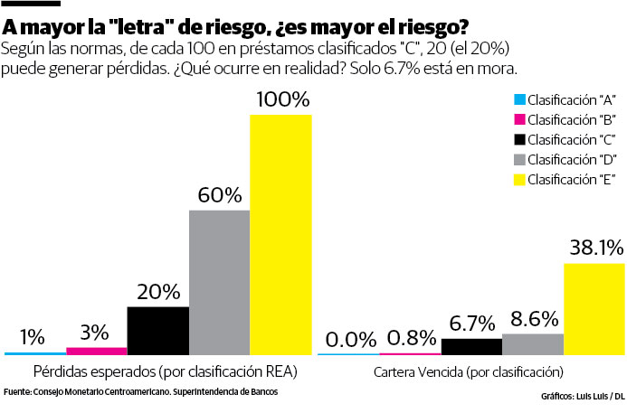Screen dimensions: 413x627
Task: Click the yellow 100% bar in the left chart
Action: coord(280,235)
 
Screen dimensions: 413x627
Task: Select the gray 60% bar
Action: coord(219,282)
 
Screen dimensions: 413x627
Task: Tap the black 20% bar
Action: coord(157,331)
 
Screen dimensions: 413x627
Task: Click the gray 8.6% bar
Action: coord(532,343)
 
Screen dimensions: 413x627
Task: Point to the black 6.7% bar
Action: coord(470,346)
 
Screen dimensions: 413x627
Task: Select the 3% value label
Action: coord(96,331)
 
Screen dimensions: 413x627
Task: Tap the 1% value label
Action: coord(33,336)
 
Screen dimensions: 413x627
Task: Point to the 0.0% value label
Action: coord(350,339)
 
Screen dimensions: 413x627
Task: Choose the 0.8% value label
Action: coord(412,337)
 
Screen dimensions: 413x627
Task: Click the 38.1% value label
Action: coord(594,247)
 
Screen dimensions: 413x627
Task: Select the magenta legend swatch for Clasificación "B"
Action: coord(518,118)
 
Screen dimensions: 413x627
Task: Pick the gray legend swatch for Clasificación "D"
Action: coord(518,158)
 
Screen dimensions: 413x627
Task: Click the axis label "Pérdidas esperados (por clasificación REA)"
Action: coord(166,371)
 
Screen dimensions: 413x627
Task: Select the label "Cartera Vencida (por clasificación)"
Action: coord(468,371)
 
